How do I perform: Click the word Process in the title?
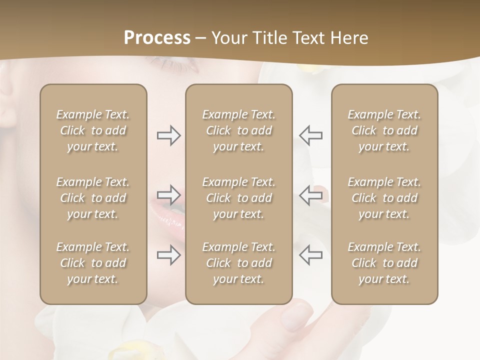(x=157, y=38)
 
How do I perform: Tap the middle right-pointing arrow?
(x=168, y=195)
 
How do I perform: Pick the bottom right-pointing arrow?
(x=168, y=255)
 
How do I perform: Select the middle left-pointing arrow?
(x=311, y=195)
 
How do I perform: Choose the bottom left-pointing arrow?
(x=311, y=255)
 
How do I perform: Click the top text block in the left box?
(x=93, y=130)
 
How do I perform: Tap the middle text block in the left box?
(x=93, y=198)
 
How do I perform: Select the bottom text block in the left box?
(x=93, y=263)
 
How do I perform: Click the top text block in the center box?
(x=239, y=130)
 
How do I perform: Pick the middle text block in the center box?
(x=239, y=198)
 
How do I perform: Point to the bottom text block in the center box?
(x=239, y=263)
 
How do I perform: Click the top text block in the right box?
(x=384, y=130)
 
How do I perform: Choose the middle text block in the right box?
(x=384, y=198)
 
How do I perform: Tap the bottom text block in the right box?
(x=384, y=263)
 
